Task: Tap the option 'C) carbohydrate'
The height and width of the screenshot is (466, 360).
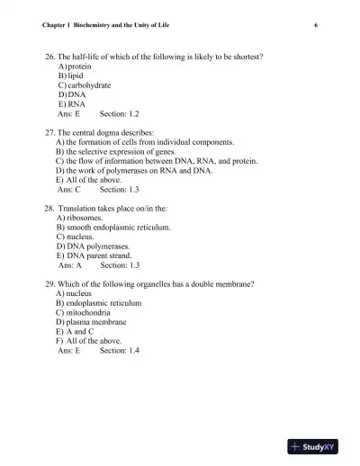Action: (x=84, y=85)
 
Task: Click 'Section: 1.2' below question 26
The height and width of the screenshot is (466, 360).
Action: (x=120, y=115)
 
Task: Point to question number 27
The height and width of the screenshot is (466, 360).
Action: (x=49, y=132)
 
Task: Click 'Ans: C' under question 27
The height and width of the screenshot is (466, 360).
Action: (x=69, y=191)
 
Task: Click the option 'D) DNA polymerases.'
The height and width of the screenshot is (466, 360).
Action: (x=94, y=246)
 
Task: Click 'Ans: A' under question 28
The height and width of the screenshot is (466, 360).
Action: (x=69, y=266)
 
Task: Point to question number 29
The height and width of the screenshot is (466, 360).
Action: (x=49, y=283)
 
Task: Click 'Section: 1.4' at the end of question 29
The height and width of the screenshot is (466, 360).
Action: (x=120, y=350)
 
